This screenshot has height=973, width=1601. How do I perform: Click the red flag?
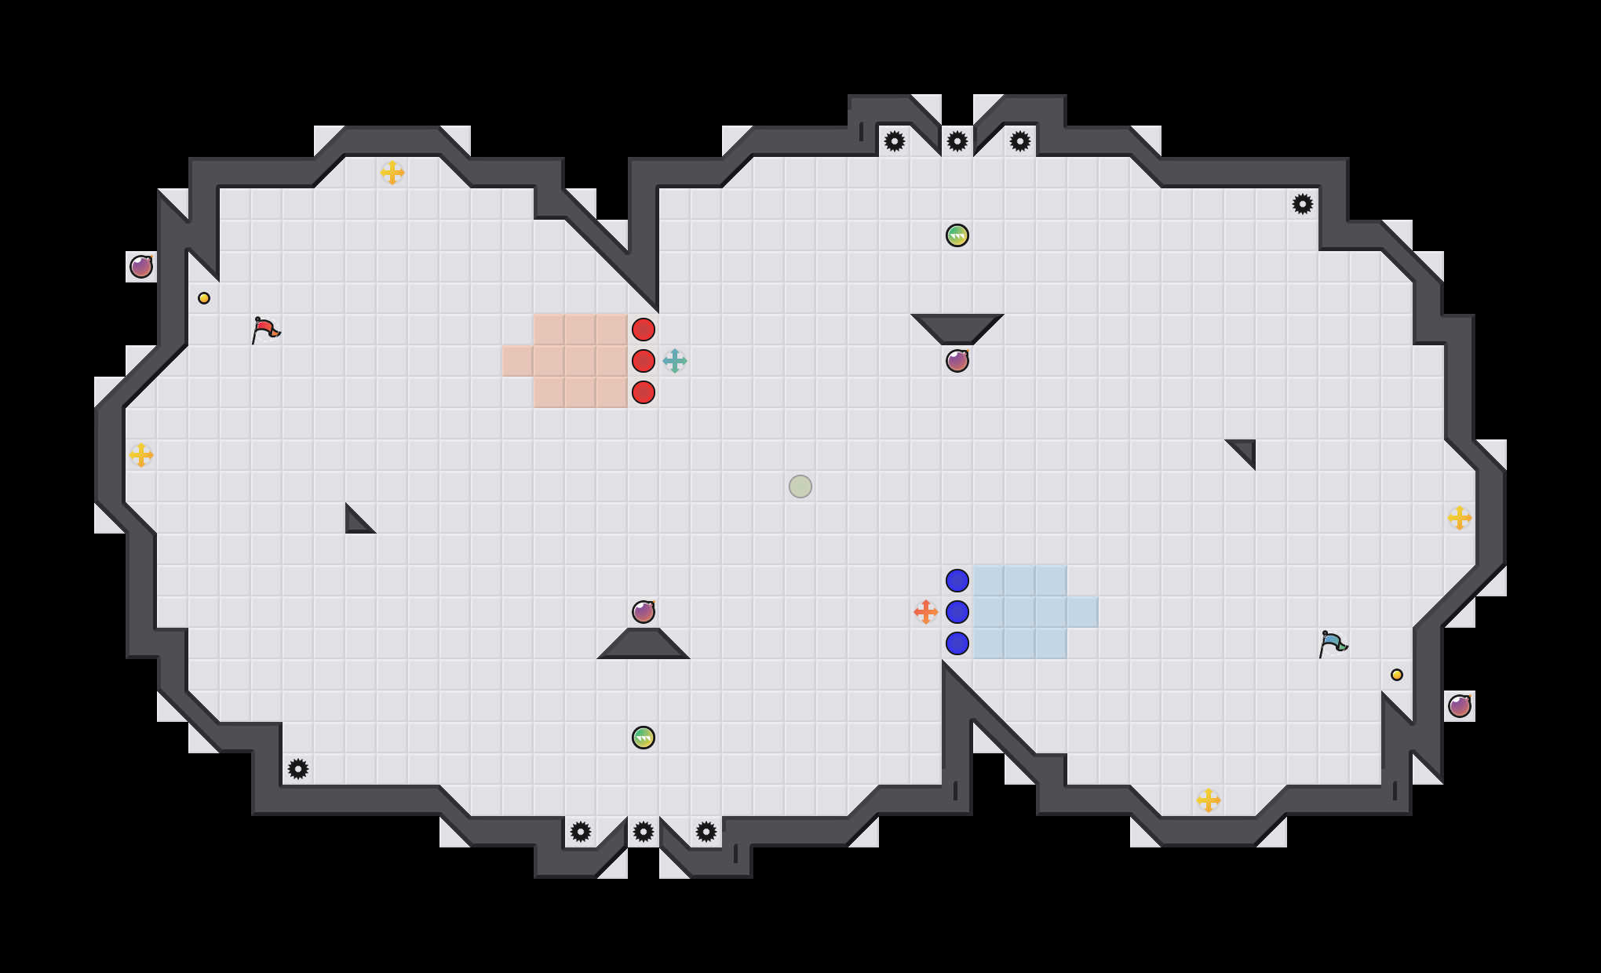[265, 330]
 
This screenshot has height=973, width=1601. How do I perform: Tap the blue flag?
[1333, 643]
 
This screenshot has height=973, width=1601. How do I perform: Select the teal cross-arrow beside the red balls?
[675, 361]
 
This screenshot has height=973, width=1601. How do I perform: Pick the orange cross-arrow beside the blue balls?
[926, 612]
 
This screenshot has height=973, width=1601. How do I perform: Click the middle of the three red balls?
[644, 361]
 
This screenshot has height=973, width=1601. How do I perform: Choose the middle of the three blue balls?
[957, 612]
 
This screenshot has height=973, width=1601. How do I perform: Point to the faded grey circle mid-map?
[800, 486]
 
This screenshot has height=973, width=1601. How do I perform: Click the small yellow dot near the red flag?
[204, 298]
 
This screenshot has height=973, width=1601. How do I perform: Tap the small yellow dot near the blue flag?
[1397, 675]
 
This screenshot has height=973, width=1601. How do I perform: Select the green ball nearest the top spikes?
[957, 235]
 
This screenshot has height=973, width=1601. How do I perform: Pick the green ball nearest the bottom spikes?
[644, 738]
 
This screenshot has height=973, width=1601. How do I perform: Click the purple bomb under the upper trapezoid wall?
[957, 361]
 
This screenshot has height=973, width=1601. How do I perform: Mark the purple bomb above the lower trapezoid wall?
[644, 612]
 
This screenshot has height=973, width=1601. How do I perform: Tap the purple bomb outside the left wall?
[141, 267]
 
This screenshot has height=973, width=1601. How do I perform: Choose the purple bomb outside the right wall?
[1460, 706]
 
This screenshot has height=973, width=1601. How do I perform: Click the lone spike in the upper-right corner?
[1303, 204]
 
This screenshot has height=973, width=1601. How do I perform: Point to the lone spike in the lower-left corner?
[298, 769]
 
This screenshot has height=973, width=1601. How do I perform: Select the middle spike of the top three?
[957, 141]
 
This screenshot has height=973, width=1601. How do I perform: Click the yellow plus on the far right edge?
[1460, 518]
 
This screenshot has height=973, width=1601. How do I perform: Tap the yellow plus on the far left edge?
[141, 455]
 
